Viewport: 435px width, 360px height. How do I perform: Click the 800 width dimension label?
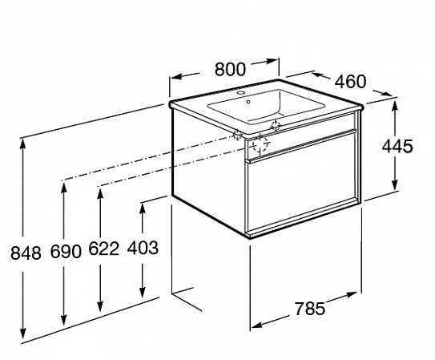pyautogui.click(x=230, y=70)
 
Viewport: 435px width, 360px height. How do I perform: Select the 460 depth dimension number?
pyautogui.click(x=351, y=82)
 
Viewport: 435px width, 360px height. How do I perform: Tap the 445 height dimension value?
pyautogui.click(x=397, y=146)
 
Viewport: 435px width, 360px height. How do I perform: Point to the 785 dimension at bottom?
pyautogui.click(x=309, y=309)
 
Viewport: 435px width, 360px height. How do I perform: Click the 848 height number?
pyautogui.click(x=26, y=253)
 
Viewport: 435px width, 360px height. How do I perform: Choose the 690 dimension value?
pyautogui.click(x=66, y=252)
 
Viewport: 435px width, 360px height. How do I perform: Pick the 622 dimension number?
pyautogui.click(x=104, y=249)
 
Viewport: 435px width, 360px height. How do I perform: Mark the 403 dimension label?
pyautogui.click(x=143, y=248)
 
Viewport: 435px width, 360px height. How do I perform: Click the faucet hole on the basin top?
pyautogui.click(x=242, y=92)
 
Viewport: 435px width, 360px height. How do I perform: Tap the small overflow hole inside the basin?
pyautogui.click(x=248, y=102)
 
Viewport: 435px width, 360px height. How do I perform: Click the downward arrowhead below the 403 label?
pyautogui.click(x=143, y=291)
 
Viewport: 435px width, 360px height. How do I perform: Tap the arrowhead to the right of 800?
pyautogui.click(x=271, y=61)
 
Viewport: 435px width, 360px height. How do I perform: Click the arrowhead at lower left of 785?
pyautogui.click(x=258, y=325)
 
